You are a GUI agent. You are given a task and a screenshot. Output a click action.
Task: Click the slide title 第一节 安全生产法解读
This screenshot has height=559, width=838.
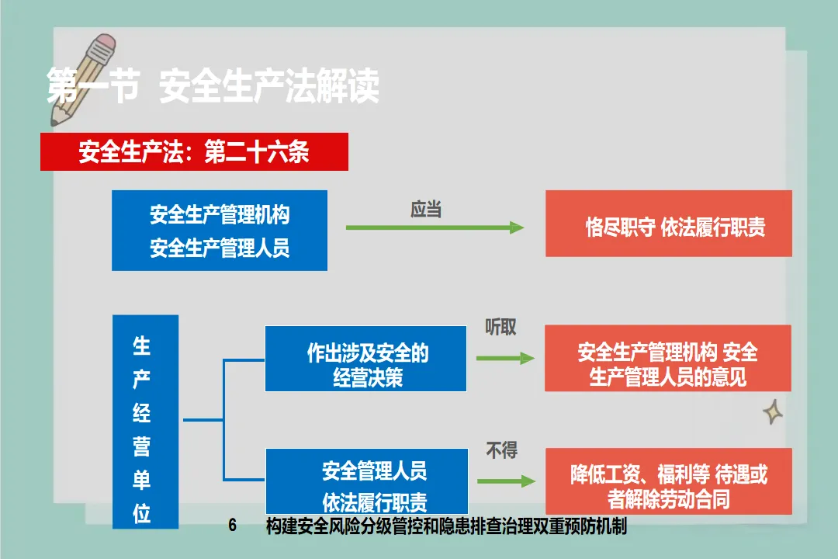click(213, 86)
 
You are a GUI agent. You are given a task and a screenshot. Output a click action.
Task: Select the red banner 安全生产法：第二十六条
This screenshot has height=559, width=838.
click(194, 152)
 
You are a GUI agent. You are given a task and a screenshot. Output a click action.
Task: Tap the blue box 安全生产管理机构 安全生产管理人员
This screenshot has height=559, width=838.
click(220, 231)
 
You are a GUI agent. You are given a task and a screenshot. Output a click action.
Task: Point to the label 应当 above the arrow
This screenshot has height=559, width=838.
click(425, 210)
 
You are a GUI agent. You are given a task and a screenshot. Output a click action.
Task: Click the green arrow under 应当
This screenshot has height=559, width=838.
click(435, 227)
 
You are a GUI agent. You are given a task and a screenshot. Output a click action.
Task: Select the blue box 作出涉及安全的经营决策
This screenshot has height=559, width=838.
click(366, 359)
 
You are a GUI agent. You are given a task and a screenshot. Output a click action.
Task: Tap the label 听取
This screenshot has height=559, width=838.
click(500, 328)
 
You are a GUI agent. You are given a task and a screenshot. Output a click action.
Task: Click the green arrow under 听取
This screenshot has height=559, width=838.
click(505, 358)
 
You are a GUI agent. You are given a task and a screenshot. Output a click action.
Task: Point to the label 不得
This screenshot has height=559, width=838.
click(501, 450)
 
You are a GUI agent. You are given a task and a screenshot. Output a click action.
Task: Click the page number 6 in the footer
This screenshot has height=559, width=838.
click(232, 526)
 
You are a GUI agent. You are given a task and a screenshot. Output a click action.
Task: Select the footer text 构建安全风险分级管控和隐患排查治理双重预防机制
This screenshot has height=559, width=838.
click(445, 526)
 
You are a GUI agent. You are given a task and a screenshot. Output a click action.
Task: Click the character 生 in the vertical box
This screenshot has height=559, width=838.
click(141, 345)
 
